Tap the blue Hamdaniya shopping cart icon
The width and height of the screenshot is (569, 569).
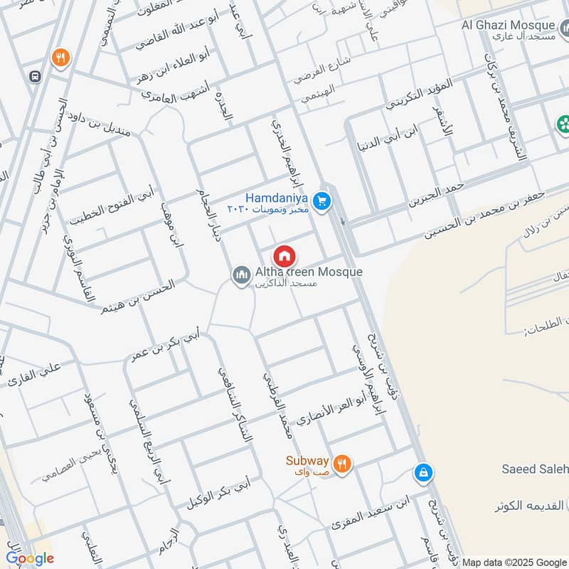pyautogui.click(x=323, y=202)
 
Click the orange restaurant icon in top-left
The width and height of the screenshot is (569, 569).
pyautogui.click(x=60, y=58)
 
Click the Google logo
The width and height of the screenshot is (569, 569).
pyautogui.click(x=30, y=558)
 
